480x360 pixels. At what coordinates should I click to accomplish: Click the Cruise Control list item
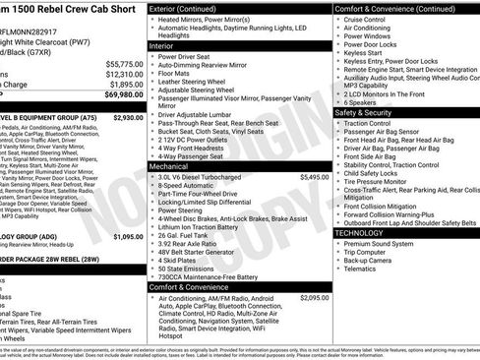point(365,19)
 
